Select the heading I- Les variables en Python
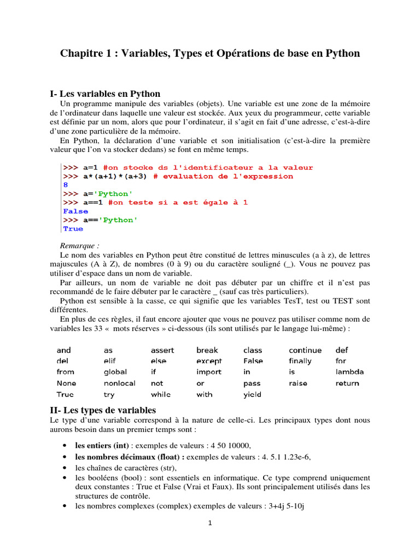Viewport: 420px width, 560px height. coord(105,94)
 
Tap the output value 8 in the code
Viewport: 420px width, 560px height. coord(66,185)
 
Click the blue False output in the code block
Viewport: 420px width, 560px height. coord(75,211)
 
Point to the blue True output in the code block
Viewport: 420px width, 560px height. coord(73,229)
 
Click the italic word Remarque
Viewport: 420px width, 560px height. coord(79,246)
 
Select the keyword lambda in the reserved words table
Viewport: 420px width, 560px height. coord(349,372)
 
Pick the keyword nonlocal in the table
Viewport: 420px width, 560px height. coord(119,383)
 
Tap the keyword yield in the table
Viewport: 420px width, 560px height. coord(252,394)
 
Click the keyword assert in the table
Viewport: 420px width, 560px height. coord(164,350)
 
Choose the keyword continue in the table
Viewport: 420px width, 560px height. coord(305,350)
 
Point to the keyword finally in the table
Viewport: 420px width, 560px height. coord(300,361)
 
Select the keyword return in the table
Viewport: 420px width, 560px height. coord(347,383)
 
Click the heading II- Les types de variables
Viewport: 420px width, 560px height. coord(103,410)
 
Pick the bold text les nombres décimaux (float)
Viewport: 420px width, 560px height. coord(129,457)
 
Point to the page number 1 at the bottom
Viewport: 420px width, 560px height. coord(209,523)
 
